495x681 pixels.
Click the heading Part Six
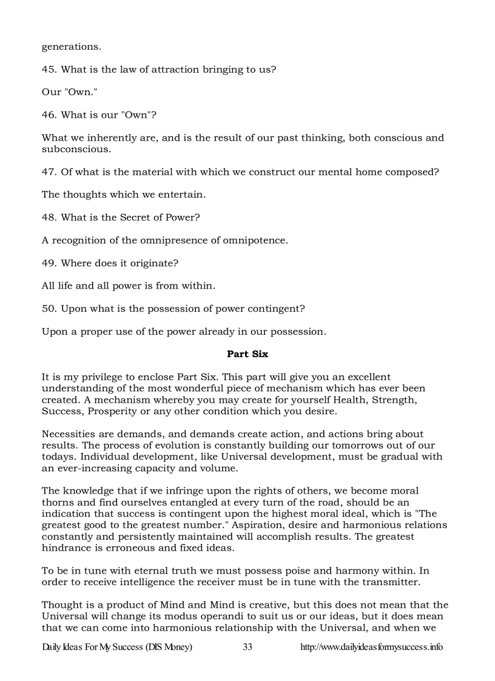coord(247,354)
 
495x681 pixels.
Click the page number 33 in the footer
coord(247,647)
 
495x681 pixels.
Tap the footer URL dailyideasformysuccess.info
coord(371,647)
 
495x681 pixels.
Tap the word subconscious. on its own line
coord(76,149)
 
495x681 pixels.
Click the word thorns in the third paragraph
coord(57,502)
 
